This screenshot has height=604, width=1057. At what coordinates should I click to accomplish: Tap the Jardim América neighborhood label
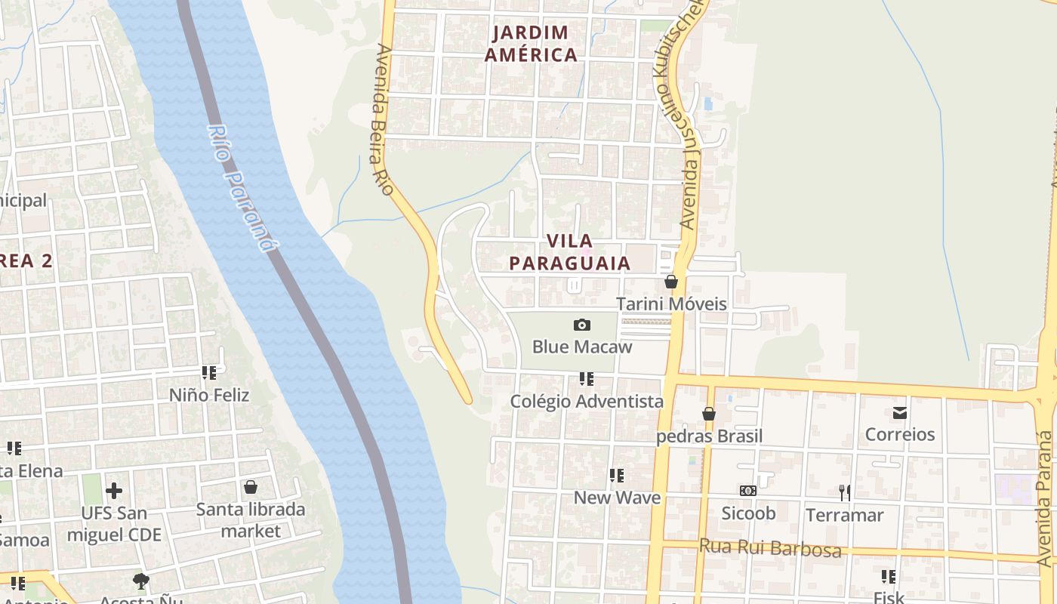[531, 44]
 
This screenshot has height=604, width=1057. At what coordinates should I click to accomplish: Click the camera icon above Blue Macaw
[581, 325]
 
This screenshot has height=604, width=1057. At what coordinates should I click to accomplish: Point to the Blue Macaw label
[581, 347]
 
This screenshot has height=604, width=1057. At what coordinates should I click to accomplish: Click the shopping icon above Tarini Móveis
[670, 282]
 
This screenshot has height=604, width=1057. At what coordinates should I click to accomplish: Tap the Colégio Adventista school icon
[586, 378]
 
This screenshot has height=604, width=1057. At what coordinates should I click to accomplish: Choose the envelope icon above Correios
[900, 412]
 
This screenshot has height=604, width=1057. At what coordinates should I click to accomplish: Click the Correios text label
[900, 435]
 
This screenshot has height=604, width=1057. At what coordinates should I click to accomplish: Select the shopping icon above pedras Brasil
[708, 414]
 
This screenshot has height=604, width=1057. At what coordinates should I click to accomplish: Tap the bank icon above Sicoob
[747, 491]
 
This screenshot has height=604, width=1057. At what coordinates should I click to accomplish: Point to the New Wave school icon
[617, 475]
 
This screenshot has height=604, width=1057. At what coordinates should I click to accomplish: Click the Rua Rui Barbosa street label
[770, 547]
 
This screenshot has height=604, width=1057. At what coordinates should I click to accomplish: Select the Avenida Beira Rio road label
[384, 119]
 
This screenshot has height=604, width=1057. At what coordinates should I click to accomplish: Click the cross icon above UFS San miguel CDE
[114, 491]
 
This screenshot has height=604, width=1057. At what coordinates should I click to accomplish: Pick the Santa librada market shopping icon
[251, 487]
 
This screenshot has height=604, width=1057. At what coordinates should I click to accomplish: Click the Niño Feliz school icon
[209, 372]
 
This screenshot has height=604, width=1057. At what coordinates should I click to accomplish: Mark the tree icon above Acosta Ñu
[140, 581]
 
